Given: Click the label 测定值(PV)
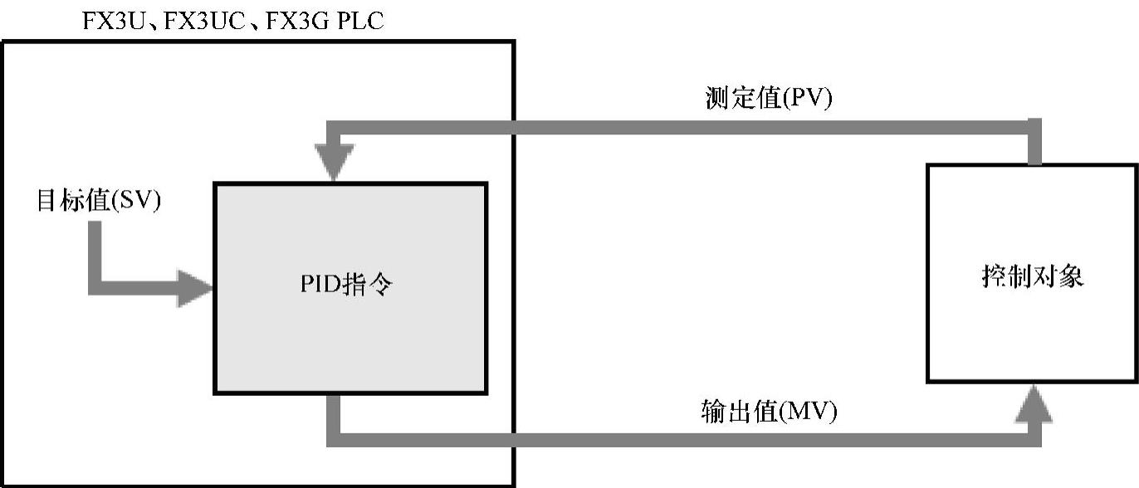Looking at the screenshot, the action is pyautogui.click(x=767, y=99).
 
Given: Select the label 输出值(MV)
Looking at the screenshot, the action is pyautogui.click(x=768, y=412).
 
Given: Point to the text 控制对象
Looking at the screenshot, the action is pyautogui.click(x=1032, y=276).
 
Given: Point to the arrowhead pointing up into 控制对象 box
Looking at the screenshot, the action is pyautogui.click(x=1034, y=405).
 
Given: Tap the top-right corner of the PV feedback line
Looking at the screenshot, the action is pyautogui.click(x=1034, y=128).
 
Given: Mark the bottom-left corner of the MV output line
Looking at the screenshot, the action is pyautogui.click(x=334, y=440).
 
